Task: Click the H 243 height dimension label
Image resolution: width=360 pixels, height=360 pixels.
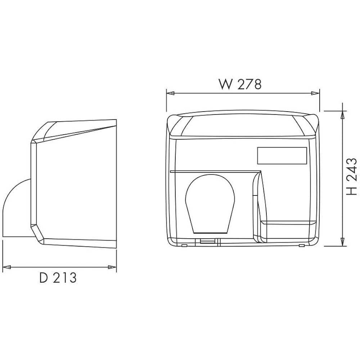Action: pyautogui.click(x=351, y=176)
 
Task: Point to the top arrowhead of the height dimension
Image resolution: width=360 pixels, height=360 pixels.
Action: pyautogui.click(x=342, y=115)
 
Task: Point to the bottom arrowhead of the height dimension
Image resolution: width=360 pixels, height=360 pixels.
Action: pyautogui.click(x=342, y=242)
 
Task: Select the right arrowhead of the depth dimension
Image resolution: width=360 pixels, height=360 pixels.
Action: pyautogui.click(x=112, y=267)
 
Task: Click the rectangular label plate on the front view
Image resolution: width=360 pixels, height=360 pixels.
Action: pyautogui.click(x=282, y=156)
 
